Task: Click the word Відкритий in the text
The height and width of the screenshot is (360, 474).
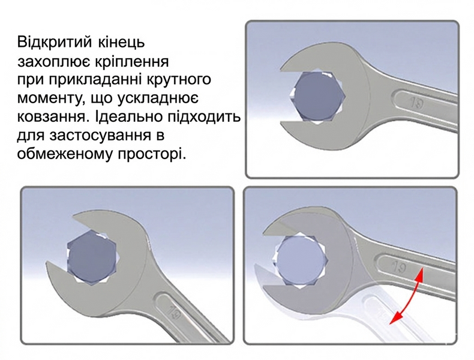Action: (x=55, y=43)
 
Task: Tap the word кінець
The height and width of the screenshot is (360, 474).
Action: (x=121, y=43)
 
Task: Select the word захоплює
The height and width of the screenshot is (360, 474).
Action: (x=53, y=62)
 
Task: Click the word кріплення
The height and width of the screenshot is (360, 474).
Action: (x=132, y=62)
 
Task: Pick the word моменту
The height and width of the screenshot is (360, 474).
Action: (x=51, y=98)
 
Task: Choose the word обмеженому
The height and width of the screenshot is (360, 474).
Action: (x=64, y=154)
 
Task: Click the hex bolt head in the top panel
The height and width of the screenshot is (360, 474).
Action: (x=320, y=97)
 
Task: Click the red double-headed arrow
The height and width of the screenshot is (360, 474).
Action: (x=406, y=295)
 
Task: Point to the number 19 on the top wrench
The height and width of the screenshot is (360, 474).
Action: (x=416, y=103)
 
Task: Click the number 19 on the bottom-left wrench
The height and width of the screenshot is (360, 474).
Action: (x=175, y=313)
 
